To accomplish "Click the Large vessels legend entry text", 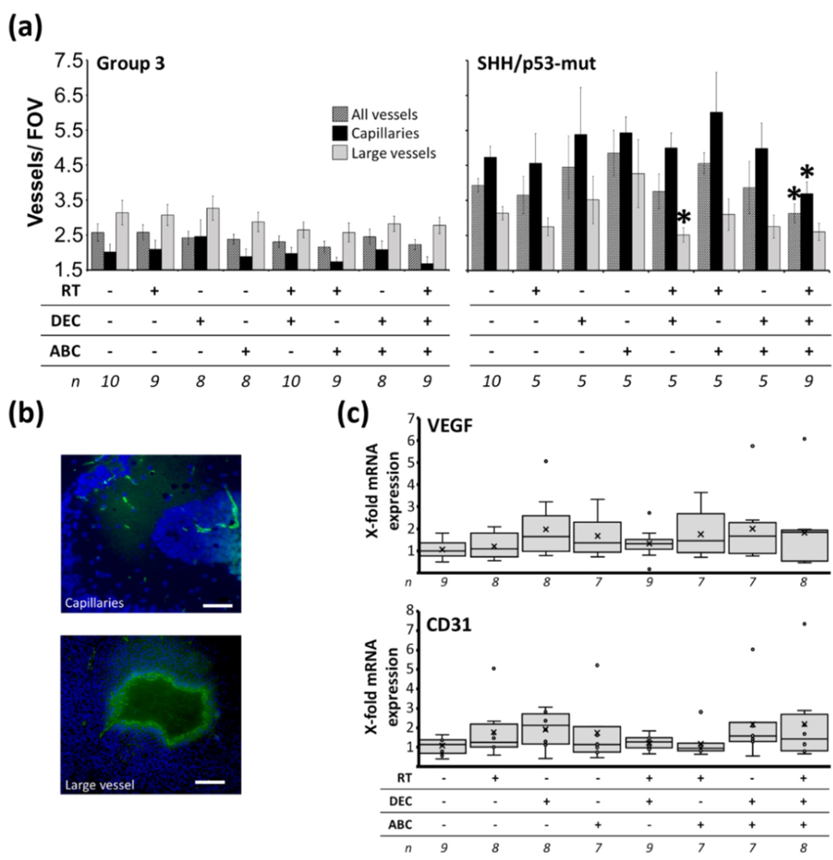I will coord(394,153).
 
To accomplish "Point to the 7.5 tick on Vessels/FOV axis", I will coord(68,60).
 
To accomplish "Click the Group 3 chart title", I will coord(131,63).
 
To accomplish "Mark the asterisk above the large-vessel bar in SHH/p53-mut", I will coord(684,218).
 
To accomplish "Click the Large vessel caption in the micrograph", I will coord(99,784).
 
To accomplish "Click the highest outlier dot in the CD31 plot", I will coord(804,624).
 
